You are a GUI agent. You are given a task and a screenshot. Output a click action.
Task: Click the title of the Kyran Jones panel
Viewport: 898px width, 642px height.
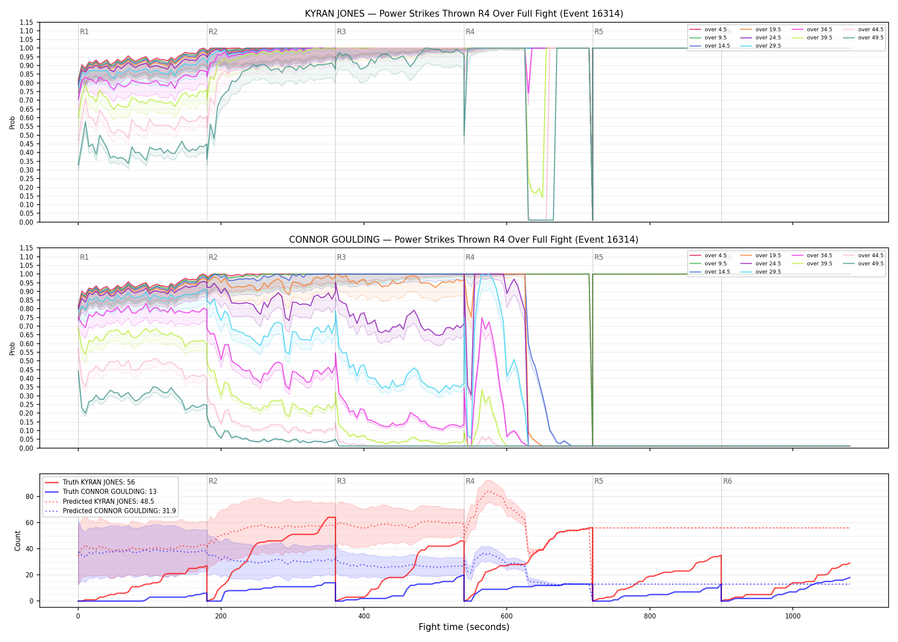(x=464, y=14)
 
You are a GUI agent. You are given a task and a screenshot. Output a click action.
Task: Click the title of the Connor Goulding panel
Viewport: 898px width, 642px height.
(x=464, y=240)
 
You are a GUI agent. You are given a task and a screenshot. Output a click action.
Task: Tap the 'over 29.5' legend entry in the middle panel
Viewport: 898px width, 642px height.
(x=761, y=272)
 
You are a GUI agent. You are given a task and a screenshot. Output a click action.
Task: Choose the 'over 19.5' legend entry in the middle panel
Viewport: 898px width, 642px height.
(x=761, y=256)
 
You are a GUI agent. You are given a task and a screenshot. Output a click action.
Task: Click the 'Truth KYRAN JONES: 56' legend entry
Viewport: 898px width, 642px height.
(x=90, y=482)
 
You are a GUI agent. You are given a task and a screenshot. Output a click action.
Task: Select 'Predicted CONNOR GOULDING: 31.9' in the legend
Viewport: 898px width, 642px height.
(x=110, y=511)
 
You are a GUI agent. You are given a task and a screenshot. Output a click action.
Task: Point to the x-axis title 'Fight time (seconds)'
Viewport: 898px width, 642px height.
(x=464, y=627)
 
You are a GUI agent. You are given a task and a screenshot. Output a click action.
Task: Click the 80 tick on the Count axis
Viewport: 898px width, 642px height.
(x=30, y=497)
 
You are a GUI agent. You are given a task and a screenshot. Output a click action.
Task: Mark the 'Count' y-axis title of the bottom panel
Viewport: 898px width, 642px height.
(x=18, y=541)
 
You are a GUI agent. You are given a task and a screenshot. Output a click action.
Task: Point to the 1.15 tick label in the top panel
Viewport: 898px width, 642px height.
(x=26, y=22)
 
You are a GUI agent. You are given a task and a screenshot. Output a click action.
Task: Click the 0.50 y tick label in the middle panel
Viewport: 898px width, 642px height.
(x=26, y=361)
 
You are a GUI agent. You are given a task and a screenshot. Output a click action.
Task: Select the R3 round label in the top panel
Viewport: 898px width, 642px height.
(x=341, y=32)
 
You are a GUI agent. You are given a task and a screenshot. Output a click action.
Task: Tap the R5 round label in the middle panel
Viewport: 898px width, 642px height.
(x=599, y=257)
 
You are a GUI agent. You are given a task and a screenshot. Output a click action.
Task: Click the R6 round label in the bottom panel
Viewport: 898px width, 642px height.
(x=727, y=481)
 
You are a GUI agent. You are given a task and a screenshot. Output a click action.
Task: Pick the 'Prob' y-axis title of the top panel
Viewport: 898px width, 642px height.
(x=12, y=123)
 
